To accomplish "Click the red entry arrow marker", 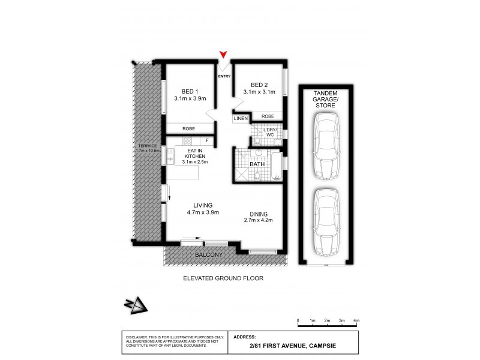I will (x=224, y=55).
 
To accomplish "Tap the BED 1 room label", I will (x=190, y=92).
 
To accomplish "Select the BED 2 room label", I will (x=259, y=85).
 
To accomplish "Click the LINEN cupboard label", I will (x=241, y=119).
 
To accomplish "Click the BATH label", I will (x=257, y=163).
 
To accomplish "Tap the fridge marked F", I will (x=207, y=141).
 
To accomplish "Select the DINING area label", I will (x=259, y=215).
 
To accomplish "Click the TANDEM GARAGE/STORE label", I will (x=326, y=99).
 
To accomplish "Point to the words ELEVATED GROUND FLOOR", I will (x=223, y=278).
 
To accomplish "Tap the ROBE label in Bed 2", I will (x=268, y=116).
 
